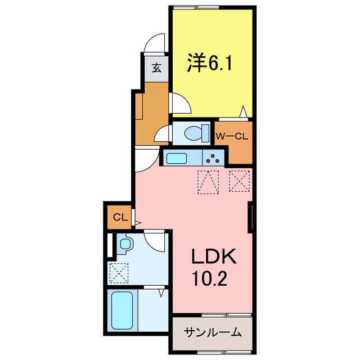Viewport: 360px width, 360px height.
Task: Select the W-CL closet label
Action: [232, 136]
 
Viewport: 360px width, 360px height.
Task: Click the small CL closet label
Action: [119, 217]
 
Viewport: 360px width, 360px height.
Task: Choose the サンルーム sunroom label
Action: [213, 332]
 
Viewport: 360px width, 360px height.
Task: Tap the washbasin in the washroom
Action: [125, 244]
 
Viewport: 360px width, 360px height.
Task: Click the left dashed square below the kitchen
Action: [208, 182]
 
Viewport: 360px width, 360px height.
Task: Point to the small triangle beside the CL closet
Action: [137, 223]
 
